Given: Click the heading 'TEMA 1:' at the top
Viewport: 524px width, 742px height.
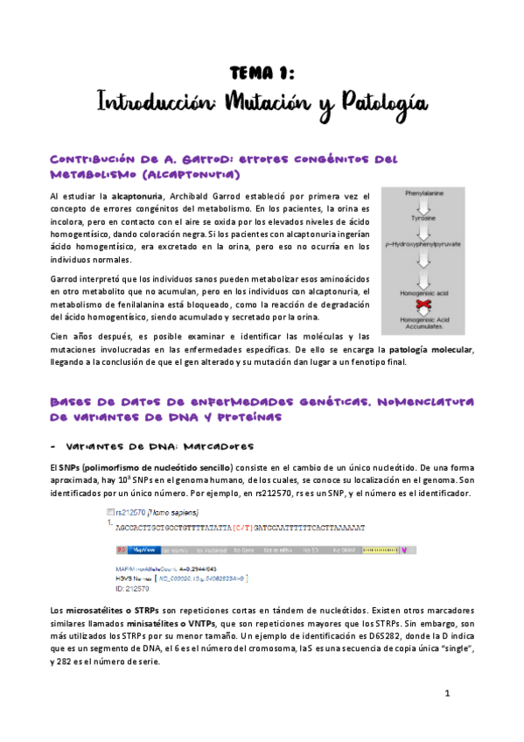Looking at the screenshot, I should (x=262, y=71).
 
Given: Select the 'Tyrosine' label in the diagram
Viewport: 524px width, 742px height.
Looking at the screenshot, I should (x=424, y=220).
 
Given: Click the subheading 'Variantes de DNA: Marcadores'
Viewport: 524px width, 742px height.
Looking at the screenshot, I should (x=149, y=444).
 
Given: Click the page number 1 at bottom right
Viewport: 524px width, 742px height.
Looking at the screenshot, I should (x=446, y=694).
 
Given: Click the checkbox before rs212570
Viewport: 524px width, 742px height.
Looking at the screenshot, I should (x=108, y=514).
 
